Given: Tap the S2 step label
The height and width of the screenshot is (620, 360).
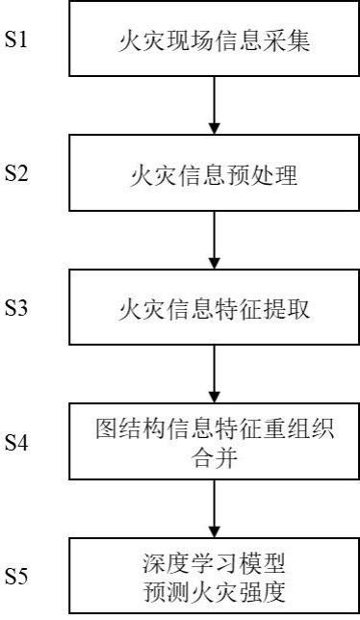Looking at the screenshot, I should tap(19, 174).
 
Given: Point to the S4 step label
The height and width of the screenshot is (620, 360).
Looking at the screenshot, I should tap(19, 443).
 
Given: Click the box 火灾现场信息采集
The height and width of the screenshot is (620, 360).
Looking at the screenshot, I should tap(213, 42).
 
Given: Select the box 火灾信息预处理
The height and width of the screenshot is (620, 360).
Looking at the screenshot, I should tap(213, 175).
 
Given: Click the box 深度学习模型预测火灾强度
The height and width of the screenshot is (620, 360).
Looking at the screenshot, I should tap(213, 576).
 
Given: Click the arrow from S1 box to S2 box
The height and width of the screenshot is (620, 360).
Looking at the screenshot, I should tap(213, 105).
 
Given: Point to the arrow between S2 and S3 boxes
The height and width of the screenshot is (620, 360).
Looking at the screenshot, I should tap(213, 239).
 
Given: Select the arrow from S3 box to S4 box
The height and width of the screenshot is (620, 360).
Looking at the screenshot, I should tap(213, 373).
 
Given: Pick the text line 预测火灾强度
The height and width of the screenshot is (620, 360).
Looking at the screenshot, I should tap(213, 587).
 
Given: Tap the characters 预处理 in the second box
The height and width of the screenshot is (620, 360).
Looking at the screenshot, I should tap(264, 175).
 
